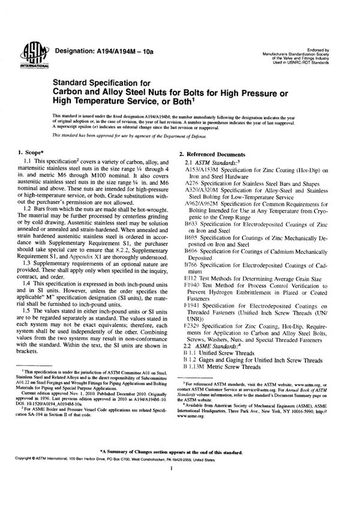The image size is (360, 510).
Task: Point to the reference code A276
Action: pos(194,186)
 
